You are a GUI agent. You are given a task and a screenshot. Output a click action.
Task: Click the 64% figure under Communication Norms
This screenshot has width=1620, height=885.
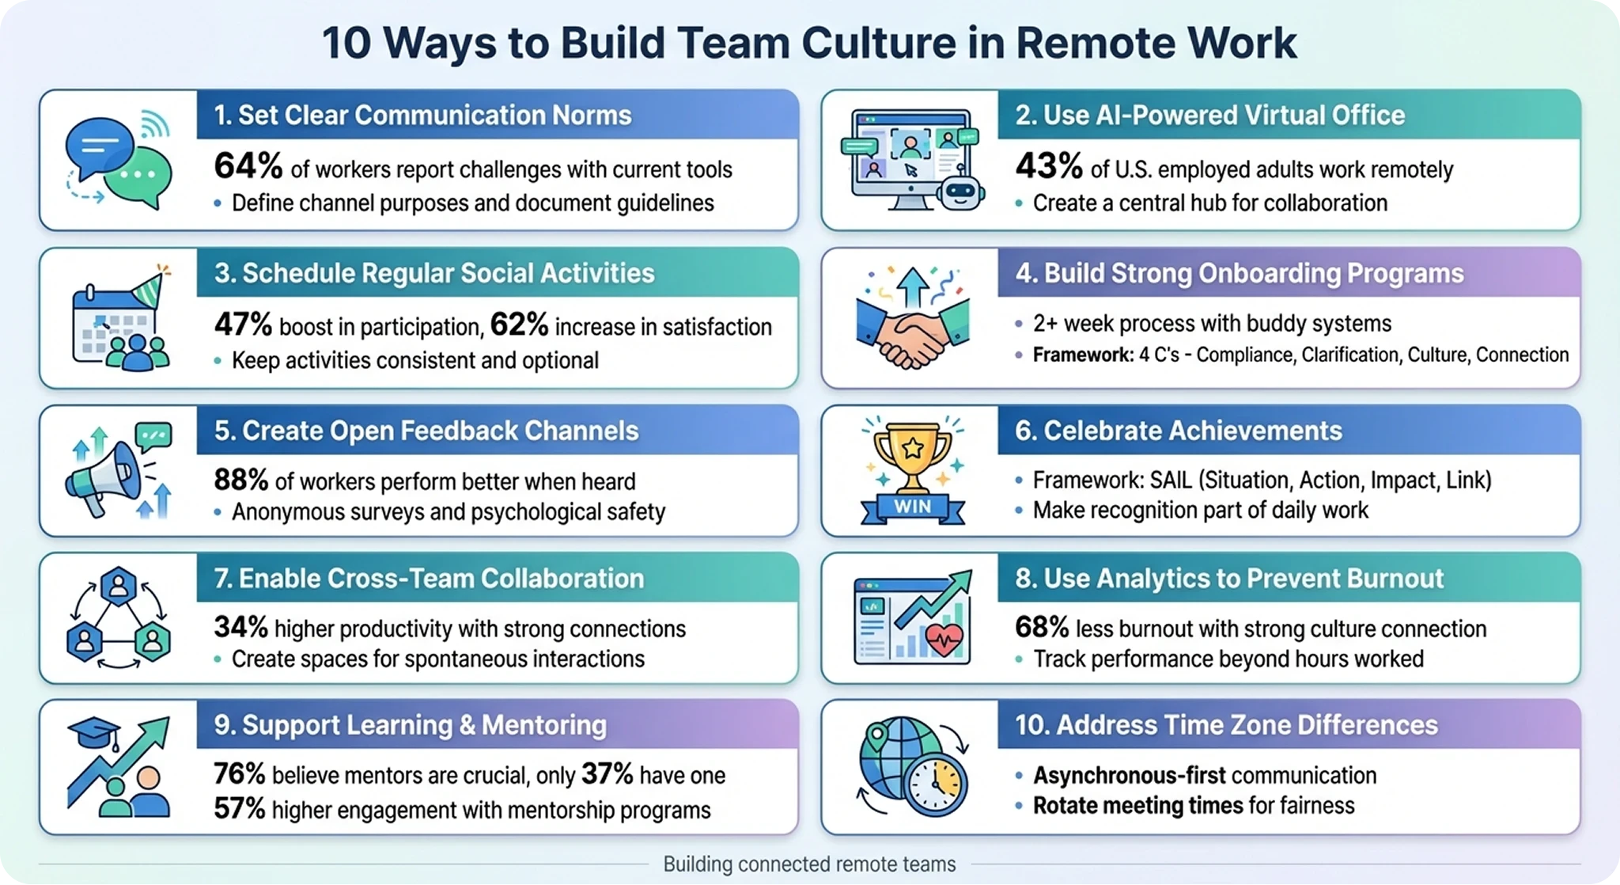(248, 167)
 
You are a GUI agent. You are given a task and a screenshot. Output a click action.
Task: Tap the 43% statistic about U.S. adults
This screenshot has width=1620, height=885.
(1049, 167)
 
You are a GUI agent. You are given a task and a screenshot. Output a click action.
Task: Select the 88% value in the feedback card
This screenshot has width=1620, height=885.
(241, 480)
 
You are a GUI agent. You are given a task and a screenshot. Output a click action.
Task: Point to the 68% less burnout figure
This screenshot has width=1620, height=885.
(1042, 628)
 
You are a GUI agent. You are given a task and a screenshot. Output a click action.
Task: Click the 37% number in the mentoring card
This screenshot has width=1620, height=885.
(607, 774)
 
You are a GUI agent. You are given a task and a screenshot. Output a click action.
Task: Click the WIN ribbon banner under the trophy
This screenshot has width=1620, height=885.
(912, 507)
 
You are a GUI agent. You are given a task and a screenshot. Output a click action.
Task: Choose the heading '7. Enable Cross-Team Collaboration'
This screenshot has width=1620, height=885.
(429, 579)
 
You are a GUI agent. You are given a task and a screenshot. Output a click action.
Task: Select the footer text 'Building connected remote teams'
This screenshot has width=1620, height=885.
(809, 864)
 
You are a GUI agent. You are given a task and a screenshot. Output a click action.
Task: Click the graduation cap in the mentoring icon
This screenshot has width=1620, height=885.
(93, 733)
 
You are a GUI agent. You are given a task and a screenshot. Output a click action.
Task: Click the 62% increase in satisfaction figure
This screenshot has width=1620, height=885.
(519, 325)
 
